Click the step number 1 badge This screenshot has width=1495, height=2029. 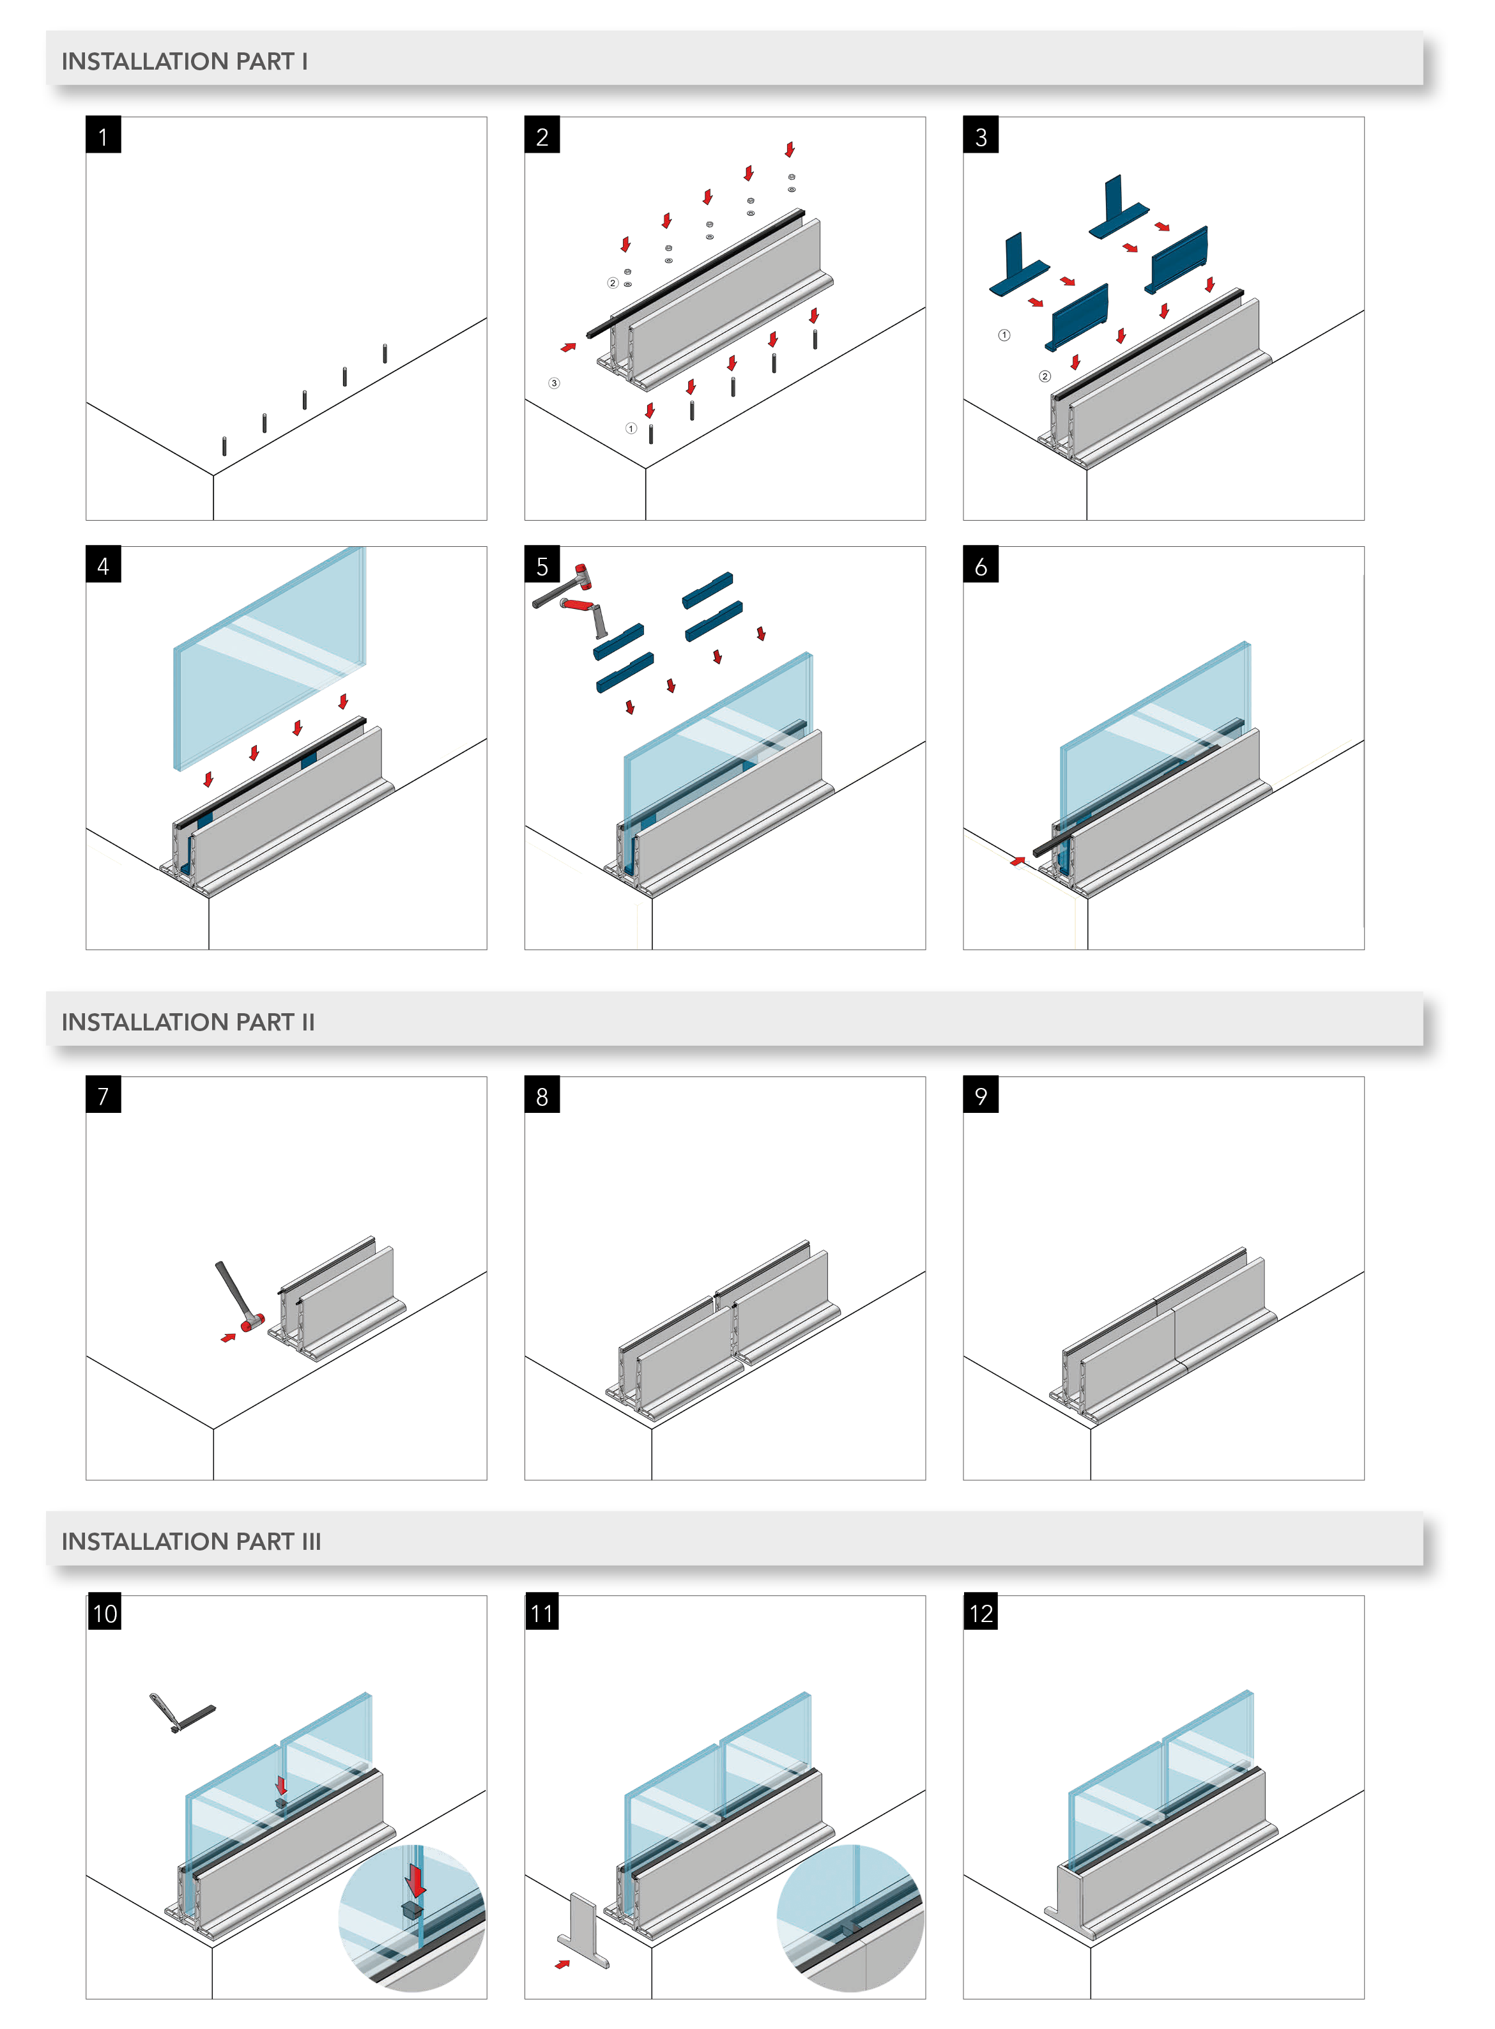[x=103, y=135]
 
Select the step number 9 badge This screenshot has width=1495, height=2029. [x=981, y=1095]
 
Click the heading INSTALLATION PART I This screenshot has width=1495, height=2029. [x=185, y=61]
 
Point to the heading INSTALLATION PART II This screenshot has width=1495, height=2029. [x=188, y=1022]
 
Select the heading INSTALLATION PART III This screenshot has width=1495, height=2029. [x=191, y=1541]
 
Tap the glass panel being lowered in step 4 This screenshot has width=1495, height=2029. [x=270, y=656]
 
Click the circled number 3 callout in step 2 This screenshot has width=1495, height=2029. [x=554, y=383]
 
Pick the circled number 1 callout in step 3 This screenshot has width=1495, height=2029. [x=1004, y=335]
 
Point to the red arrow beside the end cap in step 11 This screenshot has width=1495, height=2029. [x=563, y=1964]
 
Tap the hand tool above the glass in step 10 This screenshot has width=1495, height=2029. [x=181, y=1713]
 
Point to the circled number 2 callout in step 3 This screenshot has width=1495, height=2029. [x=1045, y=376]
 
